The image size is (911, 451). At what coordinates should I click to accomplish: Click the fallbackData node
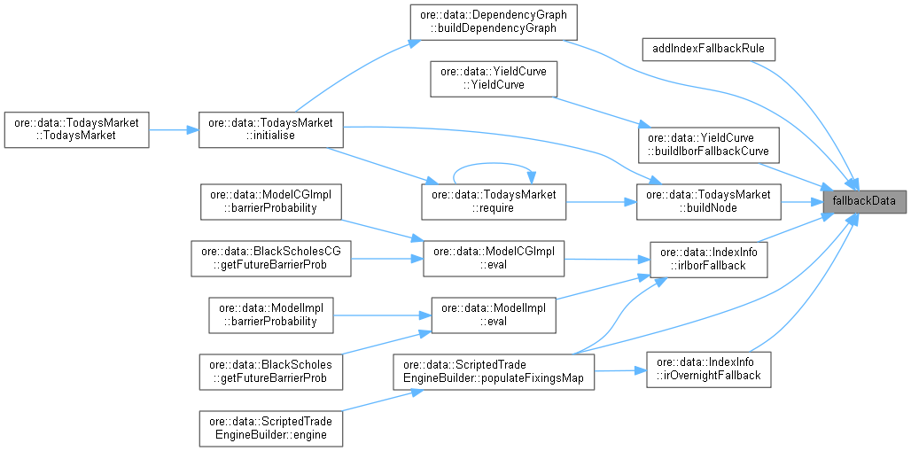pyautogui.click(x=864, y=202)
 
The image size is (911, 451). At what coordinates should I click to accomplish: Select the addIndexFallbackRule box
pyautogui.click(x=708, y=48)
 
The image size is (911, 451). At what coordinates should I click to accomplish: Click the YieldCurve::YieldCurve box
pyautogui.click(x=491, y=78)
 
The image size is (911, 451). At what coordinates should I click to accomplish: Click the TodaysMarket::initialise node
pyautogui.click(x=270, y=129)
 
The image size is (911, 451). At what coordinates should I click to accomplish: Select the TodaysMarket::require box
pyautogui.click(x=493, y=202)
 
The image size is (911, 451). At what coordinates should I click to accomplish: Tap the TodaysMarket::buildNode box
pyautogui.click(x=708, y=202)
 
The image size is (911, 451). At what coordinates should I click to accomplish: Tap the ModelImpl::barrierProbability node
pyautogui.click(x=270, y=315)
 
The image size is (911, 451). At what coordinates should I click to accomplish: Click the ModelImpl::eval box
pyautogui.click(x=493, y=315)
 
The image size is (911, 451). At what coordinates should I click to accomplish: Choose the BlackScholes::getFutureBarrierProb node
pyautogui.click(x=270, y=370)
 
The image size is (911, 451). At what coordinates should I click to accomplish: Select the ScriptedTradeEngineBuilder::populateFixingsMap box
pyautogui.click(x=493, y=370)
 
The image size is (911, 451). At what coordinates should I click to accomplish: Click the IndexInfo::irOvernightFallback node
pyautogui.click(x=708, y=370)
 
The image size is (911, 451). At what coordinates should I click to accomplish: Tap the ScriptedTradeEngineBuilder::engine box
pyautogui.click(x=270, y=427)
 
